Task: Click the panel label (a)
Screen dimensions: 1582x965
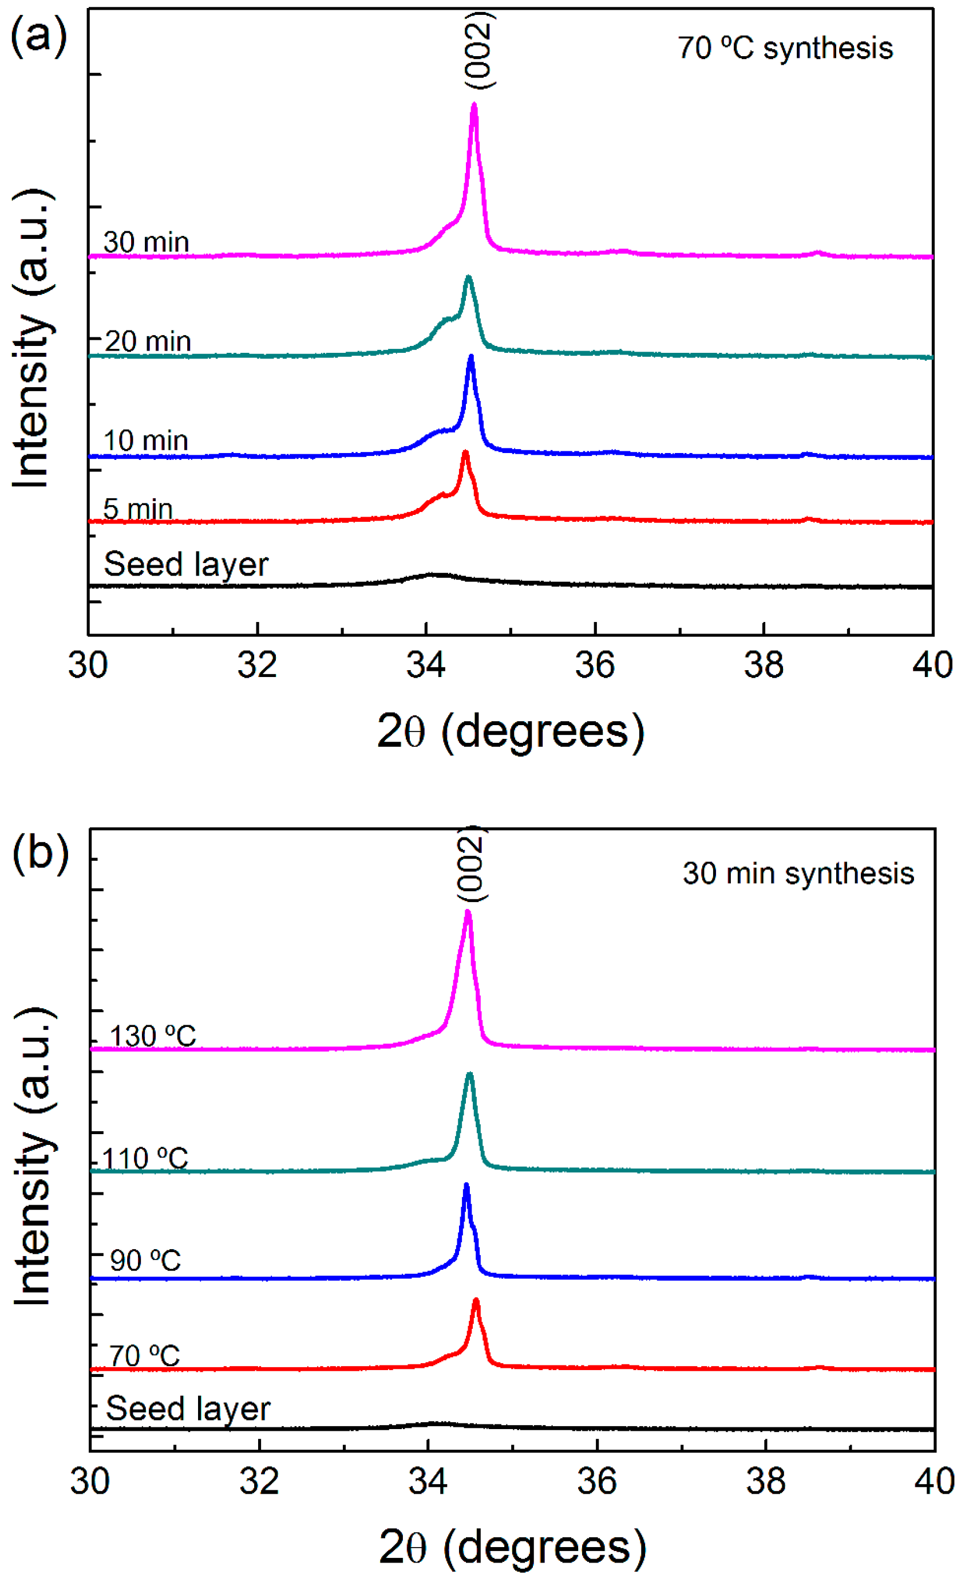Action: (x=38, y=37)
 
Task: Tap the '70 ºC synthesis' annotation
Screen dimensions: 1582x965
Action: (x=785, y=48)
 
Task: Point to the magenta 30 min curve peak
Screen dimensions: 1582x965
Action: (x=474, y=107)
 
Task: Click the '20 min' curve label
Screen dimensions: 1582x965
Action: (x=148, y=341)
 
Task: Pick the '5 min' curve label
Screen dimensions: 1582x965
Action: (x=137, y=509)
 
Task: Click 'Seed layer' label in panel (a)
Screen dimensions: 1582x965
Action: (x=185, y=564)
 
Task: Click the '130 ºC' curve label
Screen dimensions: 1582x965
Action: (x=152, y=1036)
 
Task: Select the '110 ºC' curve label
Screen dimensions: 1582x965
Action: (x=145, y=1159)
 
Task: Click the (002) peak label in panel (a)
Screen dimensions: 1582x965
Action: (x=479, y=50)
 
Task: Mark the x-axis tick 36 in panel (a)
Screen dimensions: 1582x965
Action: (x=595, y=665)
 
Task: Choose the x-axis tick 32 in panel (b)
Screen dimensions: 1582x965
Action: (x=259, y=1481)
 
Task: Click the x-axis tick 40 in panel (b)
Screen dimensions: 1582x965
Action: (x=934, y=1481)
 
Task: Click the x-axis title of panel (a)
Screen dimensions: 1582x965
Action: (x=510, y=731)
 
